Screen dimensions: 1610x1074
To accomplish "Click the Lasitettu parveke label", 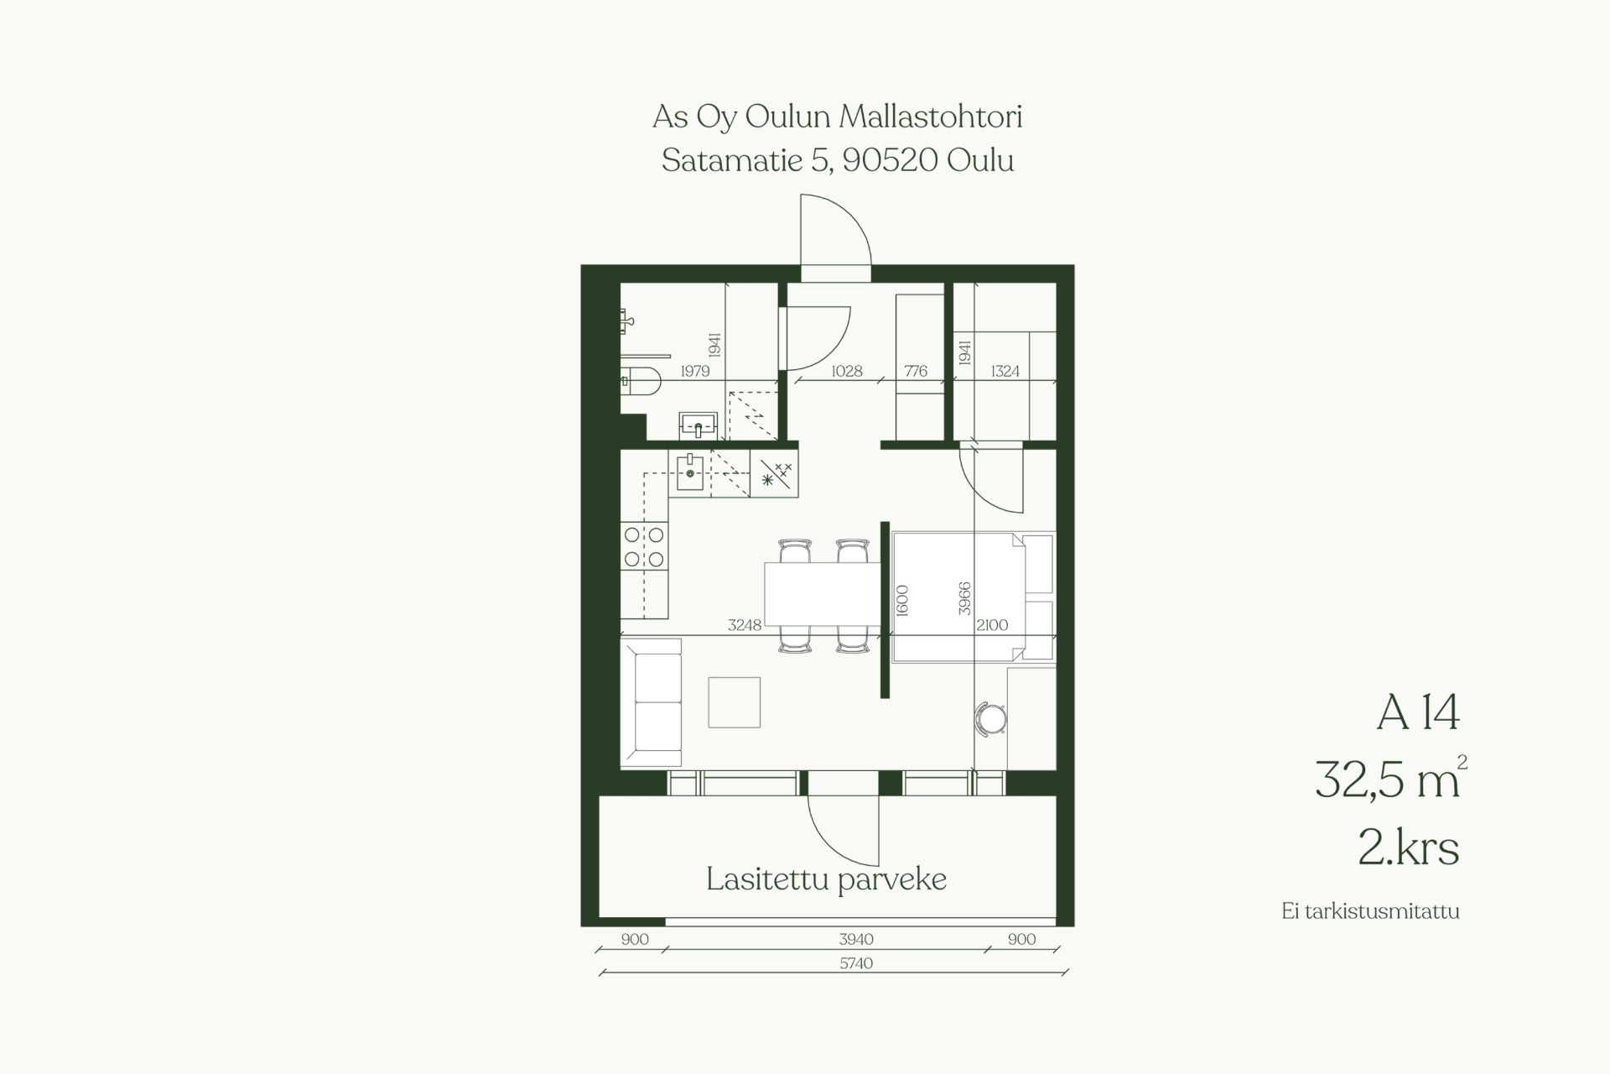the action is click(x=826, y=880).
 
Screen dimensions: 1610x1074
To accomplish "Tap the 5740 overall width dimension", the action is click(x=856, y=963).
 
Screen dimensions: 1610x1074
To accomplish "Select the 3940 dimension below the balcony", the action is click(x=856, y=940).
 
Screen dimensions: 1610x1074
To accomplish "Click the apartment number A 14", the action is click(x=1418, y=713).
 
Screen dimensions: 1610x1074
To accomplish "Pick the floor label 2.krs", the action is click(x=1409, y=847).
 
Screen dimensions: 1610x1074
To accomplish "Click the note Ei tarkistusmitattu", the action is click(x=1370, y=911).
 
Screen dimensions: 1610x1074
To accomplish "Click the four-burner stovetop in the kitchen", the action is click(x=644, y=546).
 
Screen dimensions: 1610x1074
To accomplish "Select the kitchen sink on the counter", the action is click(x=690, y=472).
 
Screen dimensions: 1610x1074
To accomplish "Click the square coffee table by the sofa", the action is click(x=734, y=702).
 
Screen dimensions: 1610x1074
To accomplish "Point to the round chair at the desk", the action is click(x=991, y=719).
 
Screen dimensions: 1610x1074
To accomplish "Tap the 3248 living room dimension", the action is click(x=745, y=624).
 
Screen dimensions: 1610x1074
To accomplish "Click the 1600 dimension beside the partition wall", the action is click(x=902, y=600).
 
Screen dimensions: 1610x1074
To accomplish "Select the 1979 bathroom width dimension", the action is click(x=695, y=371).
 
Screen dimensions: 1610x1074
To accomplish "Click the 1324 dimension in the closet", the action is click(x=1005, y=371).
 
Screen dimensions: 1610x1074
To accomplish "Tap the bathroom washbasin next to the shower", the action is click(x=698, y=425).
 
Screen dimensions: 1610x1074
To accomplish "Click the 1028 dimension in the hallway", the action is click(x=847, y=371).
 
